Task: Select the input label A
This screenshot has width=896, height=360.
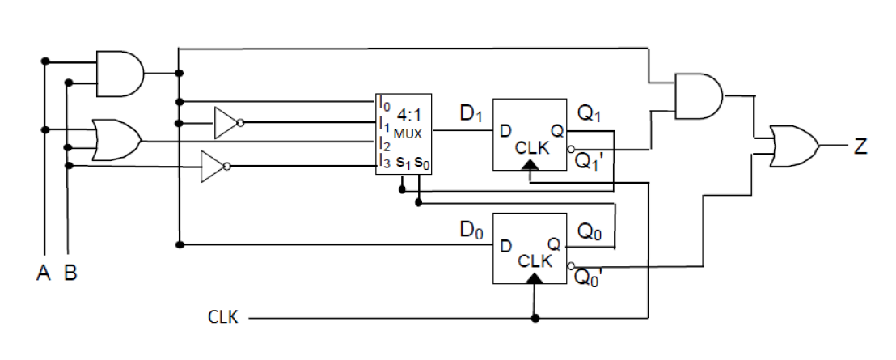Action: [x=44, y=273]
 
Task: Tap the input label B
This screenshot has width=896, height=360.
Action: [x=70, y=273]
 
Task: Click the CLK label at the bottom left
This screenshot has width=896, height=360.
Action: [x=223, y=317]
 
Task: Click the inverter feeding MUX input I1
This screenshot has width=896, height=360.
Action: [x=226, y=123]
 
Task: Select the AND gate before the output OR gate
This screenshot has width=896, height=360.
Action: [x=698, y=95]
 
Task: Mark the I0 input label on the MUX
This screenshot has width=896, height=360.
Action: [x=383, y=103]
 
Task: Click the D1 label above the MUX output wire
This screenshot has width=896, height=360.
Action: [x=471, y=115]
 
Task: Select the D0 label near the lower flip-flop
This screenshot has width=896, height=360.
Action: [x=471, y=231]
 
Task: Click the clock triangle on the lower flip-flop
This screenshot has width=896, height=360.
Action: [x=533, y=279]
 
